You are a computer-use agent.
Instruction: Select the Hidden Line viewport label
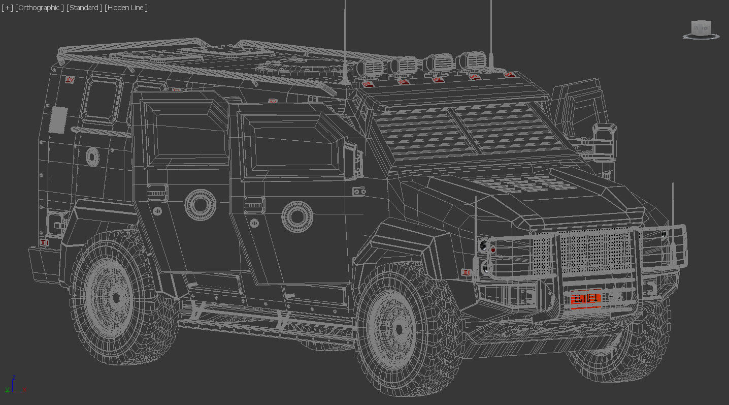pyautogui.click(x=126, y=8)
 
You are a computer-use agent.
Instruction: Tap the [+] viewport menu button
pyautogui.click(x=7, y=8)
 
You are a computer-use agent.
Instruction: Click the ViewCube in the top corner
pyautogui.click(x=702, y=28)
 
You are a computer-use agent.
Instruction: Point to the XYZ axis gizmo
pyautogui.click(x=14, y=385)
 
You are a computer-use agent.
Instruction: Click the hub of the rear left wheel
pyautogui.click(x=116, y=295)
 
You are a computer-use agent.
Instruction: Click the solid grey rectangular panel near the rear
pyautogui.click(x=58, y=119)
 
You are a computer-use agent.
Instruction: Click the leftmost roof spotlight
pyautogui.click(x=372, y=69)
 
